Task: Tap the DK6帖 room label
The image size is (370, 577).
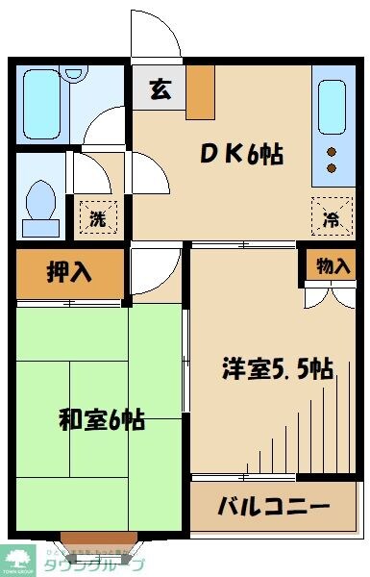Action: (240, 154)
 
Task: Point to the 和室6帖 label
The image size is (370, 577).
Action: (102, 420)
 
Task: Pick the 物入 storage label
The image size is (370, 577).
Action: (333, 266)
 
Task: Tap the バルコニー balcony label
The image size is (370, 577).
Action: (273, 506)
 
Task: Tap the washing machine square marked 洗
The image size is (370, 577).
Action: (98, 216)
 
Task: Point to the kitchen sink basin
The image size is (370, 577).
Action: (331, 105)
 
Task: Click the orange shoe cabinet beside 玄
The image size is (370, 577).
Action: (201, 92)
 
